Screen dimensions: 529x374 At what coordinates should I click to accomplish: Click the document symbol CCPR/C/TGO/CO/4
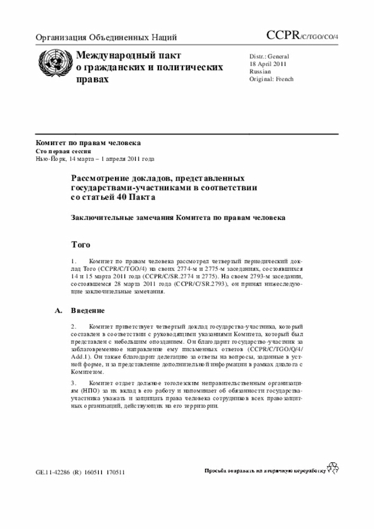306,37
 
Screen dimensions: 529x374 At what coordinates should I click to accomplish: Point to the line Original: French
271,79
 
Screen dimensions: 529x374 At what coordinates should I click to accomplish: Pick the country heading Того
81,243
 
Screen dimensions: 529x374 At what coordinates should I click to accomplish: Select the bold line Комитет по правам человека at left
88,143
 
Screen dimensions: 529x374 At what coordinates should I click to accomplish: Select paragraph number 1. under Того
74,260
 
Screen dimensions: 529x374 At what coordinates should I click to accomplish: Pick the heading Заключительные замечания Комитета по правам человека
178,217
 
